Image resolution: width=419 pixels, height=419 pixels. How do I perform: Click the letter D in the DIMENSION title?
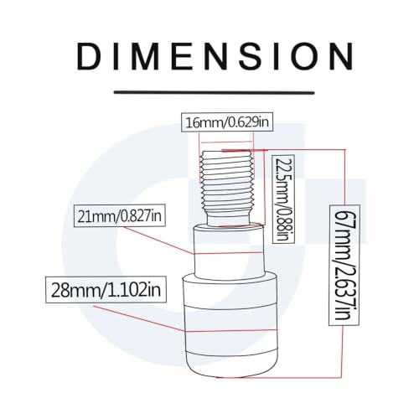click(89, 56)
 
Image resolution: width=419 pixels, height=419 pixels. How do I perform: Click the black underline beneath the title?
click(215, 92)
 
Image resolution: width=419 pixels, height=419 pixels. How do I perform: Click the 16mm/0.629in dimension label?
click(227, 122)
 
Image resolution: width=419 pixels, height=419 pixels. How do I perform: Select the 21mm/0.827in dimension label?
click(120, 215)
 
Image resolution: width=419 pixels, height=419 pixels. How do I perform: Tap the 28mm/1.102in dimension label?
click(106, 290)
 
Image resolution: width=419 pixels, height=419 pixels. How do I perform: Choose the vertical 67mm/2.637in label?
click(344, 266)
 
